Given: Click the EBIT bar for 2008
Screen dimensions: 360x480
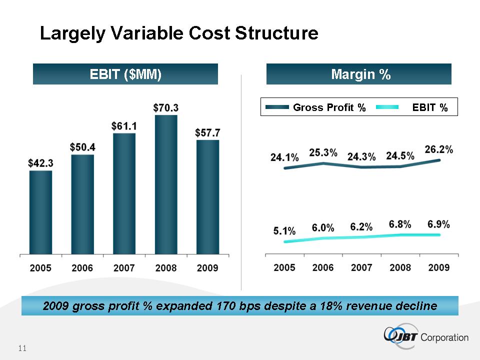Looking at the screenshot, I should (x=166, y=185).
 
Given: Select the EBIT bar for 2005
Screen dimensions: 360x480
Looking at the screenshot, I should (x=40, y=212).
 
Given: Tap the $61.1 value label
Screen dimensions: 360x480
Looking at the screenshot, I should (x=124, y=125).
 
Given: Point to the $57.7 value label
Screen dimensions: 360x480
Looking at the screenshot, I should (x=207, y=132).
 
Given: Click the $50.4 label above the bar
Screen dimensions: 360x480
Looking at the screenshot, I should (x=82, y=147).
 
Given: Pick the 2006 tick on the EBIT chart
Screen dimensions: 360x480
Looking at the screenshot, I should (x=82, y=268).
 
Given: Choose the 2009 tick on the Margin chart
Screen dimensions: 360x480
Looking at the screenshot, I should (x=438, y=268).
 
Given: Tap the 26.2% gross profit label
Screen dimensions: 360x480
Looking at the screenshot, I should (x=439, y=149).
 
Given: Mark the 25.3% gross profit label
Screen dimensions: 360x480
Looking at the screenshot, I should (x=323, y=152).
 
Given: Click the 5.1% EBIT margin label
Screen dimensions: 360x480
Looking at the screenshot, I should (x=284, y=231).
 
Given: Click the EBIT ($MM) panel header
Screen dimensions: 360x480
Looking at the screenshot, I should (x=125, y=74).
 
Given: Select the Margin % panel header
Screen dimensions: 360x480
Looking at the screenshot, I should (x=359, y=74).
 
